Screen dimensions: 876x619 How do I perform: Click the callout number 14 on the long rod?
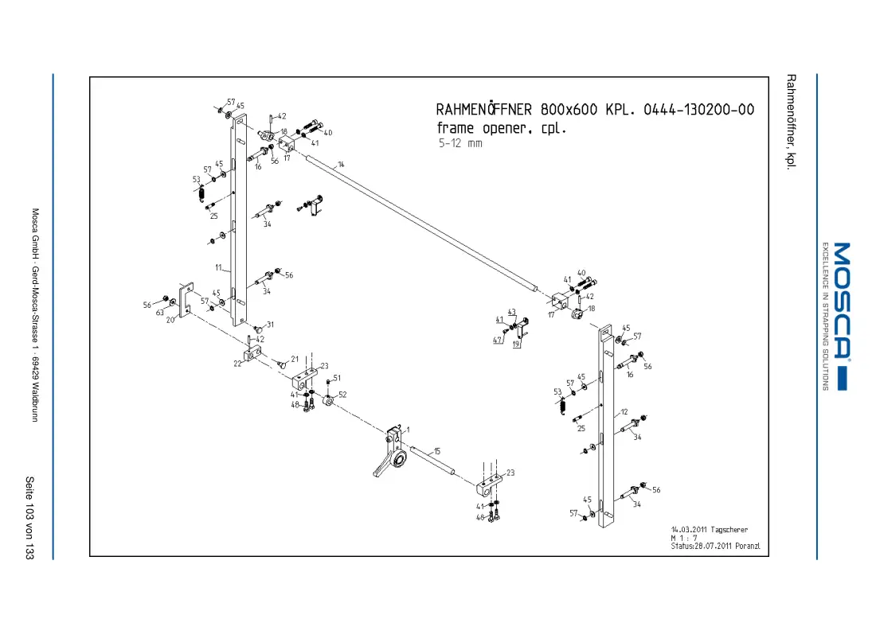(x=341, y=165)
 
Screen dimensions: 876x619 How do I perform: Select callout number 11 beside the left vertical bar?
(x=218, y=267)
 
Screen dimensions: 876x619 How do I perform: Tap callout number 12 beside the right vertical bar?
(x=624, y=412)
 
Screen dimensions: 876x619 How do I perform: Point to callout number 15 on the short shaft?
(x=437, y=451)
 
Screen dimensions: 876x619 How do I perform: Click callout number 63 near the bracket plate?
(x=160, y=313)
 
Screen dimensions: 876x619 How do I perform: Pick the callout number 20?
(x=170, y=320)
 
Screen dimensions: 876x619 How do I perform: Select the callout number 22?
(x=237, y=364)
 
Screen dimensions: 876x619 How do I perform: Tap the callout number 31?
(x=271, y=325)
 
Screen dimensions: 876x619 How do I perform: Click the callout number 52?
(x=342, y=395)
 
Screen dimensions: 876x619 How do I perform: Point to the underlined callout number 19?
(x=516, y=345)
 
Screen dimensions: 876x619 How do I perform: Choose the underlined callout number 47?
(x=497, y=340)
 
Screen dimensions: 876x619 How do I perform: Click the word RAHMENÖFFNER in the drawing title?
(x=484, y=109)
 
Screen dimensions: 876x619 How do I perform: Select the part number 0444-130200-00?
(x=699, y=110)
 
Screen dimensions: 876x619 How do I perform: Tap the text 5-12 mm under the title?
(x=460, y=143)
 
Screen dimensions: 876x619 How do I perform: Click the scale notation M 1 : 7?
(x=684, y=538)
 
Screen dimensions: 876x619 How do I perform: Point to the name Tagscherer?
(x=729, y=530)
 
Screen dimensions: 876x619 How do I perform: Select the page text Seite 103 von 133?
(x=29, y=517)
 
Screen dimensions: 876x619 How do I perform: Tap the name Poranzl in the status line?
(x=748, y=546)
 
